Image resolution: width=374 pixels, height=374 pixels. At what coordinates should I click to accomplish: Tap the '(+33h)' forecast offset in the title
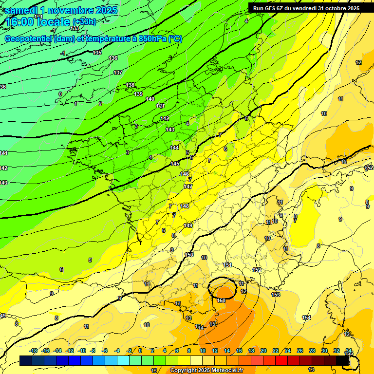84,22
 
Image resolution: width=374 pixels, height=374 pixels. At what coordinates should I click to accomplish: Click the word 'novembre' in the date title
72,10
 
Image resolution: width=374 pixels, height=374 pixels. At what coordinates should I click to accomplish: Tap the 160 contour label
222,300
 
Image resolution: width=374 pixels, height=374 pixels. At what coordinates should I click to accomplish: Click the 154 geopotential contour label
306,318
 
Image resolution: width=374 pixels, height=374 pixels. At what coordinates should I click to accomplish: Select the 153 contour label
276,295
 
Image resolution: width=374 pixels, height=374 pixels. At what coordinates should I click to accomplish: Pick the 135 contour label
97,53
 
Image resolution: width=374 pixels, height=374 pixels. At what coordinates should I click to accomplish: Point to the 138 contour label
130,85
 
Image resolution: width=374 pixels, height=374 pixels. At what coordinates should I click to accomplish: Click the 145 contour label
175,164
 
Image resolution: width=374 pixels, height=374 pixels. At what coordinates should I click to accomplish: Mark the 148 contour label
185,206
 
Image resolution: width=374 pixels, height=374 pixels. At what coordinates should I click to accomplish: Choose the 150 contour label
189,255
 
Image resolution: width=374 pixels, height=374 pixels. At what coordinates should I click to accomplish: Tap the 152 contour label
257,270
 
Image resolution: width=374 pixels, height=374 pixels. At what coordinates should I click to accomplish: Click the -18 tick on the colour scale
34,351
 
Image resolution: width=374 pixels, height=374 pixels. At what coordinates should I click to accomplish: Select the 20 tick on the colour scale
263,351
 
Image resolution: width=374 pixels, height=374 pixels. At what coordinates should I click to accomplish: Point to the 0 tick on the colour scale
140,351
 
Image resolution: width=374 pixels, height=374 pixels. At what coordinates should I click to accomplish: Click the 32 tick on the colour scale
337,351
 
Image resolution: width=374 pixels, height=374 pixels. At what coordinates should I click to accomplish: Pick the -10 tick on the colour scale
82,351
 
